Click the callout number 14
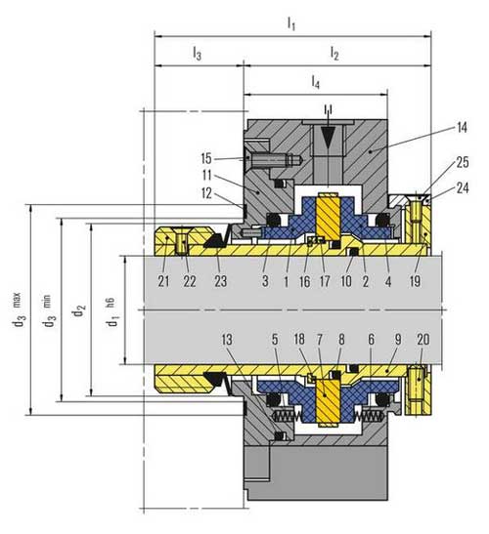tap(462, 128)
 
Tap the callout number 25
tap(462, 162)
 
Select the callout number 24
tap(462, 188)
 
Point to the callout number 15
tap(206, 159)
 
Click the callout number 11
tap(206, 176)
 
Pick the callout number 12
tap(206, 193)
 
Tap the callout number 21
tap(163, 281)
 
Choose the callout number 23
tap(220, 281)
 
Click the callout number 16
tap(305, 281)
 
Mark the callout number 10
tap(346, 281)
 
